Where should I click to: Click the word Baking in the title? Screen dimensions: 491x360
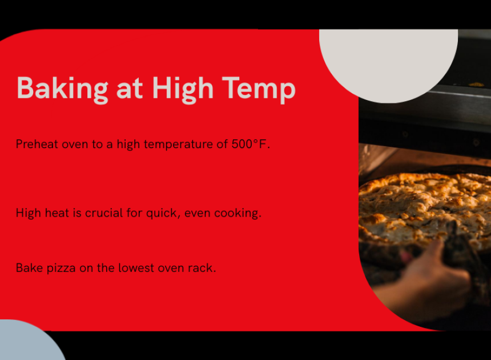pos(62,90)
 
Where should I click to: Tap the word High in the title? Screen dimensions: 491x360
pos(183,90)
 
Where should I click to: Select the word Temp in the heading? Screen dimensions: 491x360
pos(259,90)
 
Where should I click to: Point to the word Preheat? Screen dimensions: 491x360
pos(37,144)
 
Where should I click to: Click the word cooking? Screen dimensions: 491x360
pos(238,213)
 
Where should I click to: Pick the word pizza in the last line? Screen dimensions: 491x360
pos(61,269)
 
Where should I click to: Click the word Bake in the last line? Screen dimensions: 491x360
pos(29,268)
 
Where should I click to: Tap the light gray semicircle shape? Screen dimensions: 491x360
pos(388,63)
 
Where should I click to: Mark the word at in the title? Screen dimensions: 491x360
pos(130,90)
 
